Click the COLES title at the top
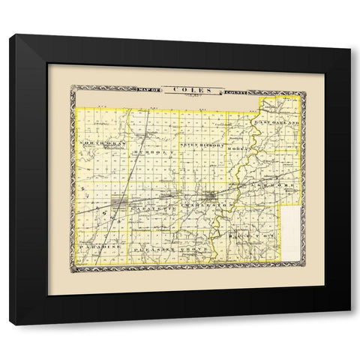185,90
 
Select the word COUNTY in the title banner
234,91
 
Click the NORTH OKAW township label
102,142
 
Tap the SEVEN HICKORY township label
202,142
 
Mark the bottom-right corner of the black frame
349,325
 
